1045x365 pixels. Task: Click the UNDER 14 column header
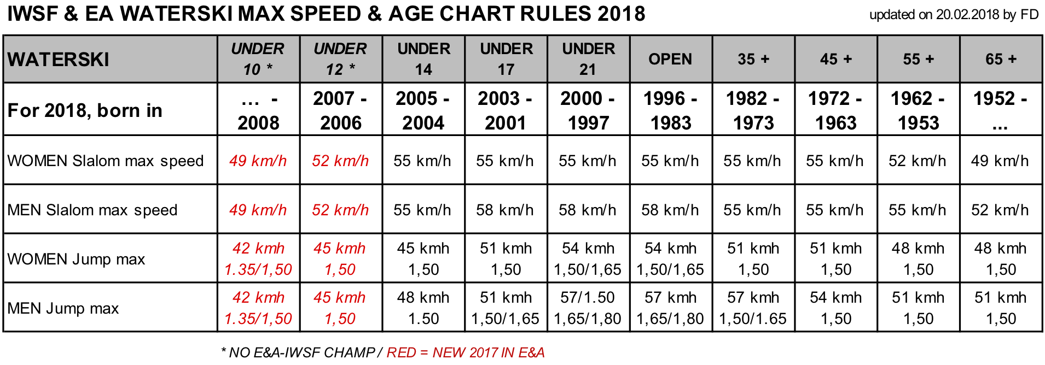click(x=423, y=59)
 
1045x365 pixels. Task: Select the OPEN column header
click(x=670, y=59)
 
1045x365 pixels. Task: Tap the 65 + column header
click(x=1001, y=59)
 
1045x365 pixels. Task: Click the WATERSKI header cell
click(x=59, y=60)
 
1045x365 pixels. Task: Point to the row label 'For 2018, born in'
click(x=85, y=110)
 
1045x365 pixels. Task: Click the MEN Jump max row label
click(x=63, y=308)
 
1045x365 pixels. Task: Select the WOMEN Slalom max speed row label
click(x=106, y=161)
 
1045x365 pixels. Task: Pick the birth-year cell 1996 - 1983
click(x=670, y=110)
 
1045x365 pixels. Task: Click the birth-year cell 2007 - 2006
click(x=340, y=110)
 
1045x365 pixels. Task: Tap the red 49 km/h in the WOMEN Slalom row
click(x=258, y=161)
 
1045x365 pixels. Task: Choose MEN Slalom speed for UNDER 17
click(x=505, y=210)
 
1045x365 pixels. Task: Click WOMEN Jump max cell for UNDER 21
click(x=588, y=258)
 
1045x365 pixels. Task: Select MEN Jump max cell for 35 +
click(x=753, y=308)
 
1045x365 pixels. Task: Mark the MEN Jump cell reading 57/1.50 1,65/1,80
click(x=588, y=308)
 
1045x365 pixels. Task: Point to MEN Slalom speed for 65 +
click(x=1000, y=210)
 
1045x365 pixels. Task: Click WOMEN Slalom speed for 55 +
click(x=918, y=161)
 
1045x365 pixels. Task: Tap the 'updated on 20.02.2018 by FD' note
click(x=954, y=15)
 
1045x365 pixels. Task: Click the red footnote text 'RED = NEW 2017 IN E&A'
click(x=466, y=352)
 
